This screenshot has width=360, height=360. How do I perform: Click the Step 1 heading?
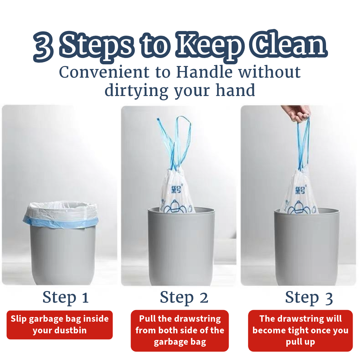click(66, 297)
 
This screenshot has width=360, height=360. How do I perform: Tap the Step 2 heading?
click(184, 297)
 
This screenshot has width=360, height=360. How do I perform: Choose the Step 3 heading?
click(309, 297)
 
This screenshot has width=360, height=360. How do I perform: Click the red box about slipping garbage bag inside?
click(60, 325)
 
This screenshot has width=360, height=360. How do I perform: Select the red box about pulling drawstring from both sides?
click(180, 330)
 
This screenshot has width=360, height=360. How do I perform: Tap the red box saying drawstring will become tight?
click(300, 330)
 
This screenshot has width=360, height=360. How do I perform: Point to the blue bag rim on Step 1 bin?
click(60, 220)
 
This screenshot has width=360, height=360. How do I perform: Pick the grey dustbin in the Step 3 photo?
click(306, 247)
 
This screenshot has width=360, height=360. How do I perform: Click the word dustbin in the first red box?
click(71, 331)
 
